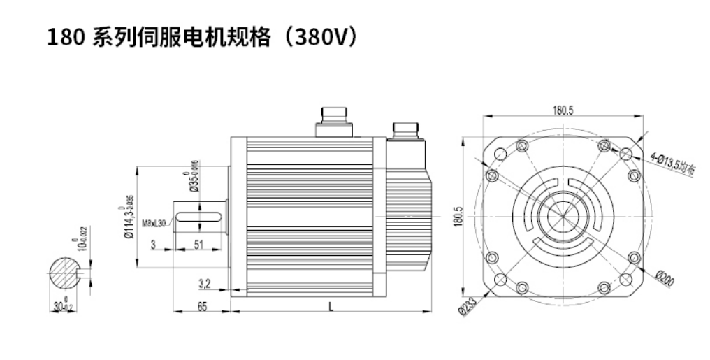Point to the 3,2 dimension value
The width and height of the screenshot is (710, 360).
[x=204, y=283]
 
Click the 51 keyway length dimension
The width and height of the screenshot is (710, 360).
[x=198, y=245]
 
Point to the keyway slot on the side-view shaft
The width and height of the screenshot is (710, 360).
[x=199, y=218]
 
